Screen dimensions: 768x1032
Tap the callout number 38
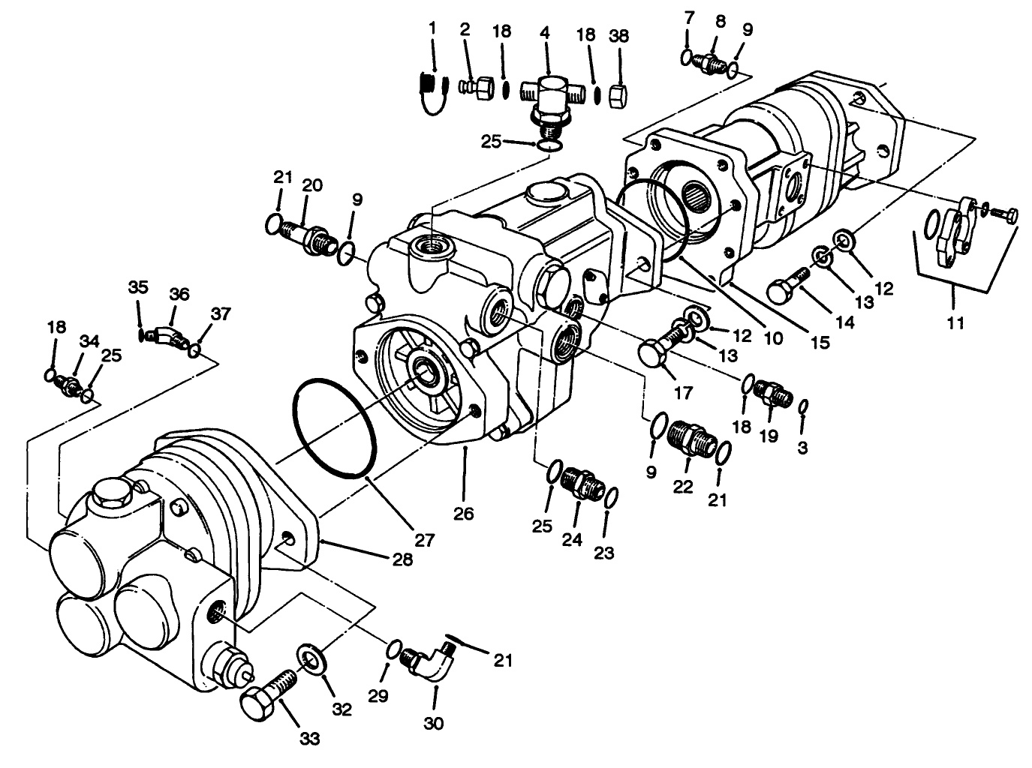click(620, 35)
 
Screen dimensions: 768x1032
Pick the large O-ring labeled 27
click(335, 427)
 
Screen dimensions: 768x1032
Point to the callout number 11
click(955, 324)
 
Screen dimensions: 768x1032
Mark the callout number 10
click(772, 338)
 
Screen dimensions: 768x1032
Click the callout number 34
click(90, 341)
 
